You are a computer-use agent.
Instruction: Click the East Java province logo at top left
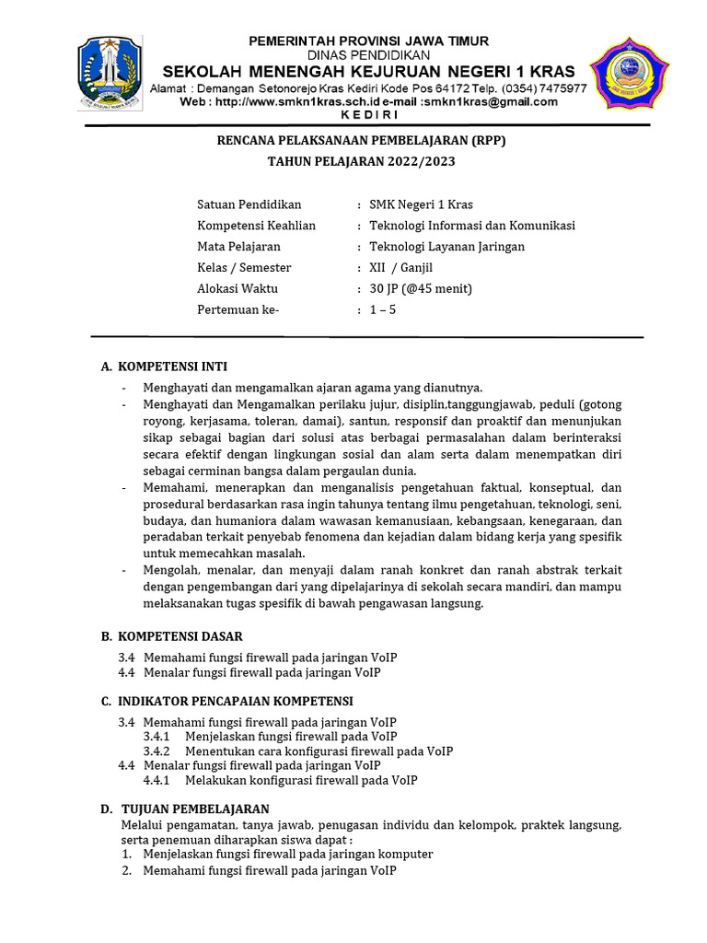[110, 74]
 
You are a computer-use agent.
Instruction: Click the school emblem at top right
[630, 74]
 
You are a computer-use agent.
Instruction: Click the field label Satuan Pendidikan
[249, 204]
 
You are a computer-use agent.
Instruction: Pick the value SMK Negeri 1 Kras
[421, 204]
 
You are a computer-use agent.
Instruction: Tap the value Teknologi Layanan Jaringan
[446, 247]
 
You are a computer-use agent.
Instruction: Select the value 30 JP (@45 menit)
[420, 289]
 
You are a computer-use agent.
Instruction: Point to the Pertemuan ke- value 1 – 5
[382, 310]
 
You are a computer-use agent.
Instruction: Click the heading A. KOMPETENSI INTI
[164, 367]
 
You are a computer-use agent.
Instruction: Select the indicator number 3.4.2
[156, 751]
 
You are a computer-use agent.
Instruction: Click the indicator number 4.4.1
[156, 780]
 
